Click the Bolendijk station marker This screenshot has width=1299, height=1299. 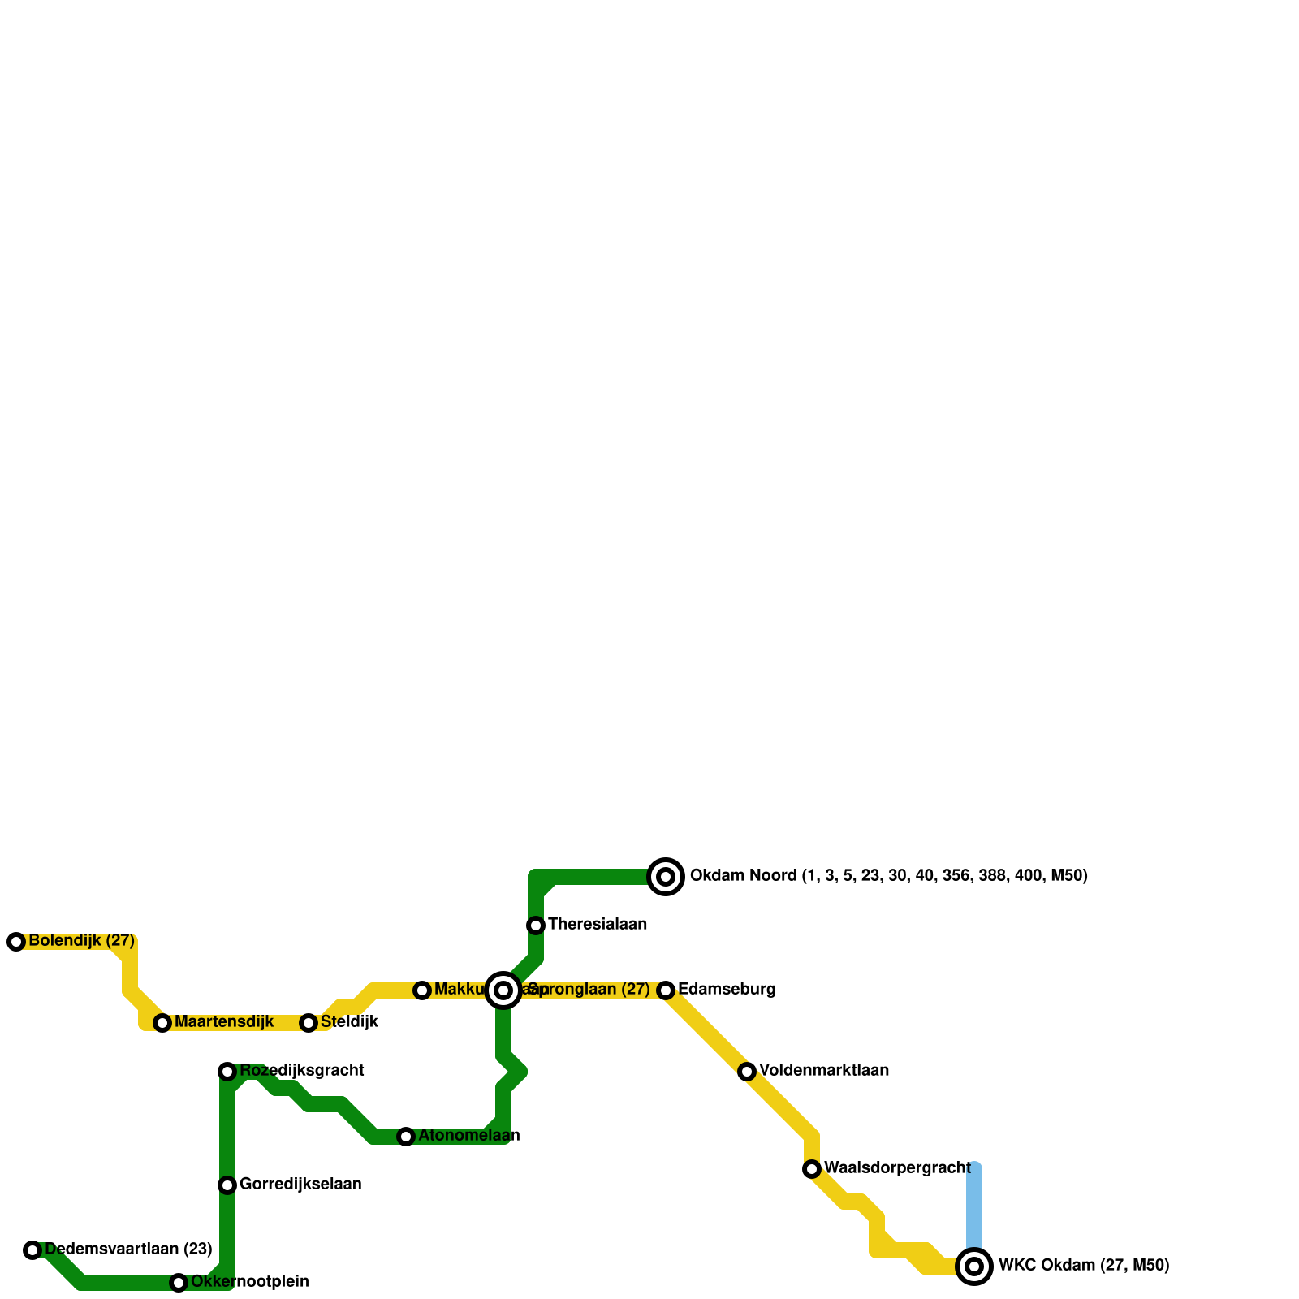pos(16,942)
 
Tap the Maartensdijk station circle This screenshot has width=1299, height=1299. pos(162,1023)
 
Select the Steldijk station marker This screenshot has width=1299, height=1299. pos(309,1023)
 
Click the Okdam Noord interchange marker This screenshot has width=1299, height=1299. pos(666,877)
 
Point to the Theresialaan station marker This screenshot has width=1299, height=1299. pos(536,926)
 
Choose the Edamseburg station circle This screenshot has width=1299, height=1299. pos(666,990)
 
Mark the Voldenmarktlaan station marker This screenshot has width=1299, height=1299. pos(747,1072)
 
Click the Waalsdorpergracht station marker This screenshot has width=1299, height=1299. pos(812,1169)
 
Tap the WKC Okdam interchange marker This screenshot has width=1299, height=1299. pos(974,1267)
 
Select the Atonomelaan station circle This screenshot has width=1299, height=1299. pos(406,1137)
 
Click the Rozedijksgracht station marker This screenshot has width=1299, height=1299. pos(227,1072)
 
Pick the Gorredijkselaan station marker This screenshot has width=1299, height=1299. pos(227,1185)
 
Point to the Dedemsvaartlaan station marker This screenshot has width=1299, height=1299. pos(32,1250)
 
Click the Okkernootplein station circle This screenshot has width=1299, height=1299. pos(179,1283)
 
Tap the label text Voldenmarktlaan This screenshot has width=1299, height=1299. pos(824,1071)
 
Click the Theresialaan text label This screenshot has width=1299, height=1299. pos(598,925)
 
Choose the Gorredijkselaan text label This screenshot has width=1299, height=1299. pos(300,1185)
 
